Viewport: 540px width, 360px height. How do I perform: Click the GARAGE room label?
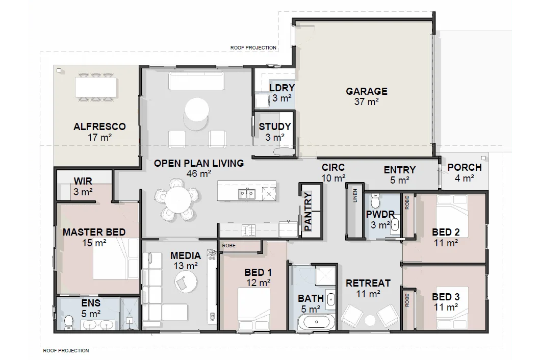pyautogui.click(x=366, y=92)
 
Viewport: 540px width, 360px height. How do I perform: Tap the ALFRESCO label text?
pyautogui.click(x=99, y=126)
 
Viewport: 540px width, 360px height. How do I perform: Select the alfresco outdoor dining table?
pyautogui.click(x=95, y=87)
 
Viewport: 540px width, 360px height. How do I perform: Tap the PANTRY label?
pyautogui.click(x=308, y=212)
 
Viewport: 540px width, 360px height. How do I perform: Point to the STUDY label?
pyautogui.click(x=275, y=127)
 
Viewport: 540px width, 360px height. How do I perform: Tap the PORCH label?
pyautogui.click(x=464, y=168)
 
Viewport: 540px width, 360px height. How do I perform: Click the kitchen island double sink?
pyautogui.click(x=246, y=193)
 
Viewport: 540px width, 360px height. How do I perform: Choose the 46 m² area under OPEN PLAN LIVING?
pyautogui.click(x=198, y=174)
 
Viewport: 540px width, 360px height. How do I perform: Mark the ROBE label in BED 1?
pyautogui.click(x=228, y=246)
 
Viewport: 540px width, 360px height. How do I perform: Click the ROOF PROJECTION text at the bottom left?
pyautogui.click(x=66, y=351)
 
